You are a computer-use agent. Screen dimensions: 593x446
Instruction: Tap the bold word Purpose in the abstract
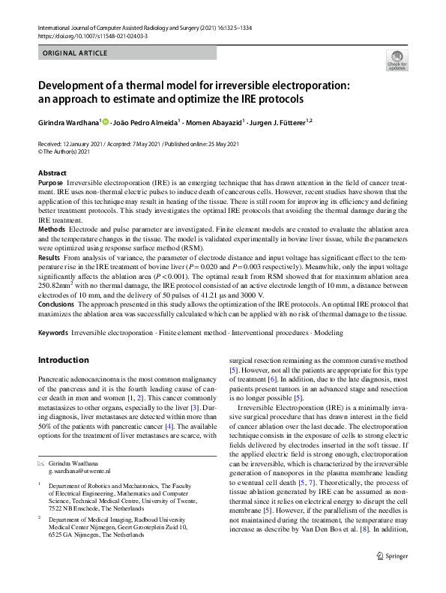point(50,183)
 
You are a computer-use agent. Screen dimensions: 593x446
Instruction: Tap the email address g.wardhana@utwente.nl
point(79,472)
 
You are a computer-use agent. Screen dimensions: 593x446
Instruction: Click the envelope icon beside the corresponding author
point(41,463)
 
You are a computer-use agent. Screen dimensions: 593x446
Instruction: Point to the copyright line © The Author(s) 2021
point(68,152)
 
